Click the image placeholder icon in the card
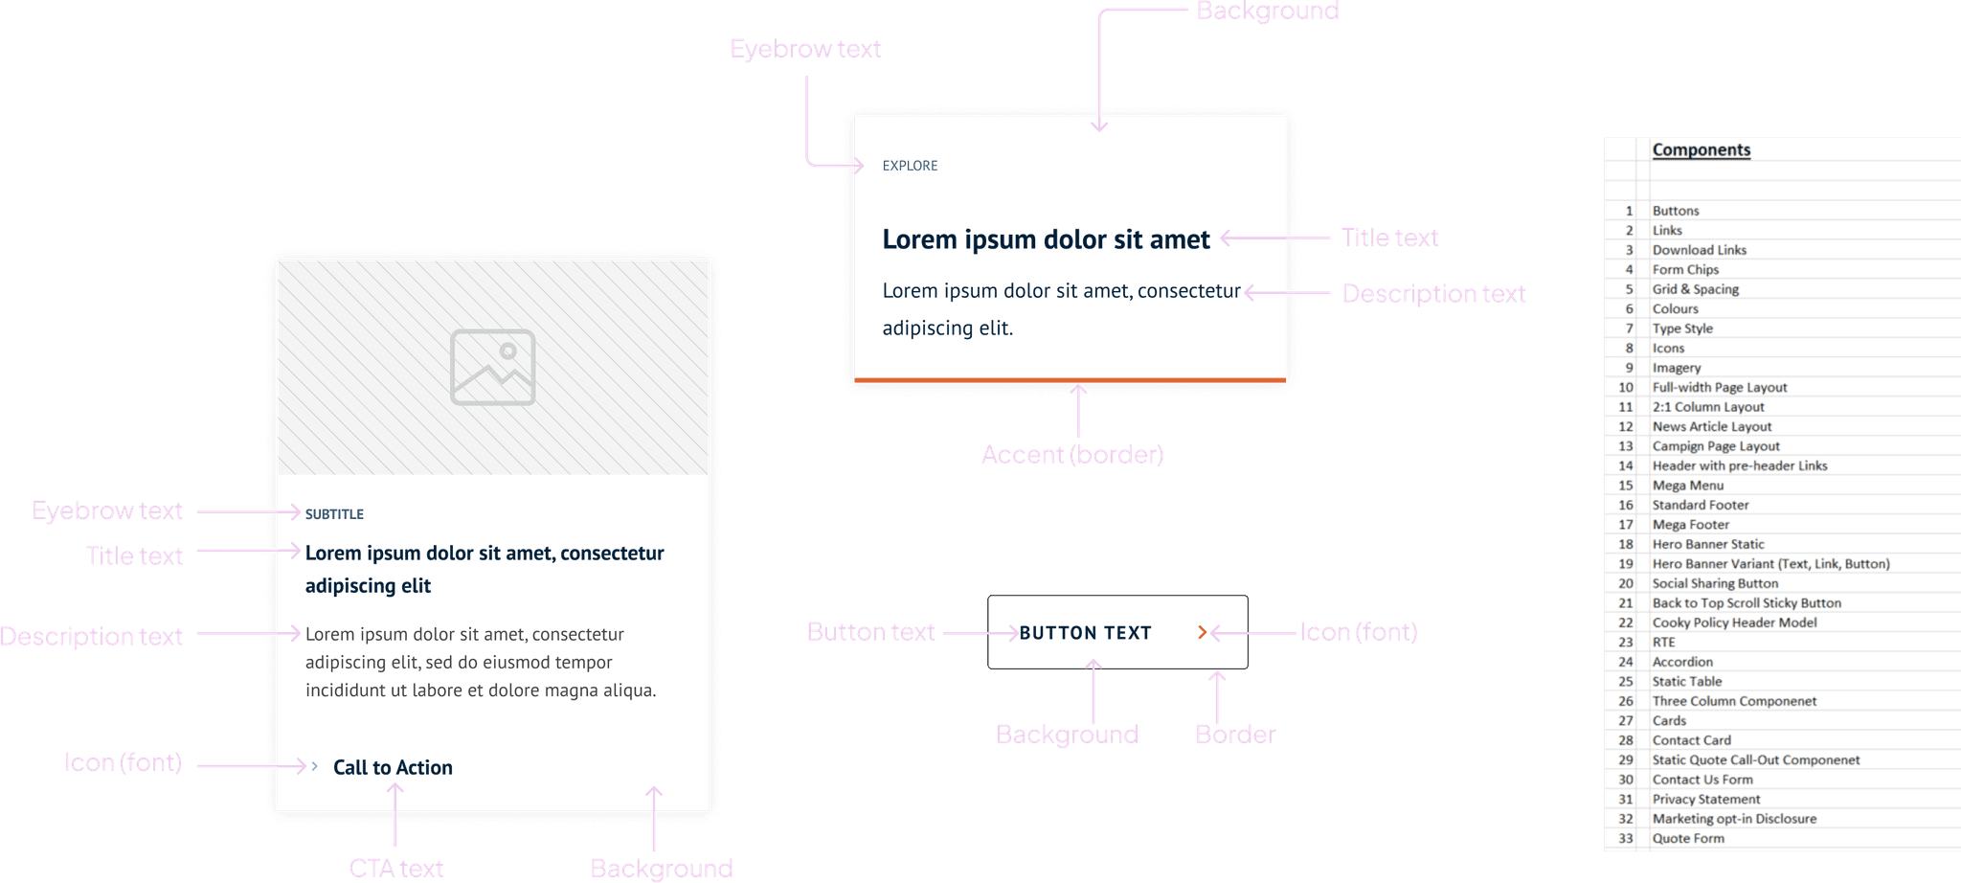click(492, 367)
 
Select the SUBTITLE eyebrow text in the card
click(334, 514)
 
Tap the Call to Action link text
click(393, 767)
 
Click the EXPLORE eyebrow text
click(910, 166)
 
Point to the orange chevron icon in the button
click(1202, 632)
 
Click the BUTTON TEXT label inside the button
click(1085, 633)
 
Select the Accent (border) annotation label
click(1072, 454)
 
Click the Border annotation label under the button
click(1235, 735)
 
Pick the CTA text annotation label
click(395, 868)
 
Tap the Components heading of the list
click(1701, 149)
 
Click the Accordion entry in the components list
click(1682, 662)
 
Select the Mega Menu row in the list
click(1687, 486)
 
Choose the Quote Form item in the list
click(1688, 838)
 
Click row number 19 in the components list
click(1626, 564)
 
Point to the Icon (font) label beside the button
click(1358, 632)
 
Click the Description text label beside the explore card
click(1432, 293)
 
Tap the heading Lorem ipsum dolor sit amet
click(1046, 239)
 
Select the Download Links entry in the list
click(1699, 250)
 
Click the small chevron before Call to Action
click(314, 766)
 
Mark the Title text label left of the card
click(134, 555)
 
